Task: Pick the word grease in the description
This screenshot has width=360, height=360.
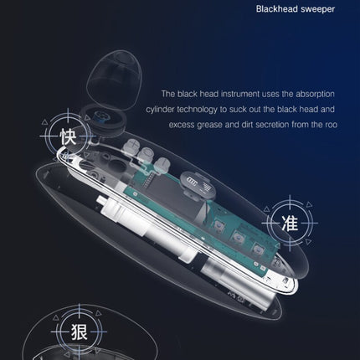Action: (213, 126)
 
